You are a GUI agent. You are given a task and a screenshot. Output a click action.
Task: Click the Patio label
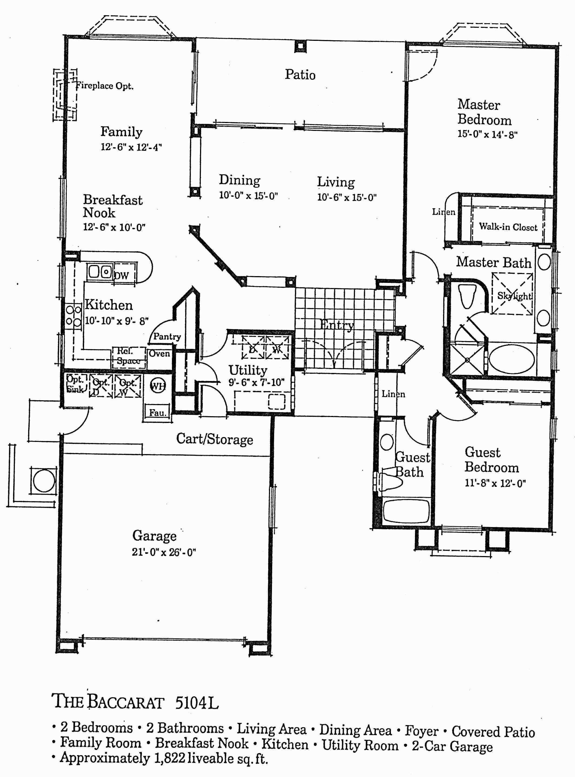pos(300,74)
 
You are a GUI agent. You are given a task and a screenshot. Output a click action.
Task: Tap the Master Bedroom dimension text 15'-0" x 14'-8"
pos(487,134)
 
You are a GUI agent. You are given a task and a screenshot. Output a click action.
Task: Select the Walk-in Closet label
pos(508,227)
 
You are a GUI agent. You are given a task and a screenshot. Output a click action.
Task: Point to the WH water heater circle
pos(158,385)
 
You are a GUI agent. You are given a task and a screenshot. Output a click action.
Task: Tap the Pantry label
pos(167,336)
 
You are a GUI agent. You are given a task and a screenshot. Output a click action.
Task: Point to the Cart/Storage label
pos(214,439)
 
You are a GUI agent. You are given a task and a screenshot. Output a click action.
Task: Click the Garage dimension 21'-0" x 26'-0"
pos(164,553)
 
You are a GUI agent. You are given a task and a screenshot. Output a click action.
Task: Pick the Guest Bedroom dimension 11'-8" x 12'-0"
pos(495,483)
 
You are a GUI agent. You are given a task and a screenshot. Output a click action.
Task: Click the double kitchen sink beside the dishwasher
pos(99,272)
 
